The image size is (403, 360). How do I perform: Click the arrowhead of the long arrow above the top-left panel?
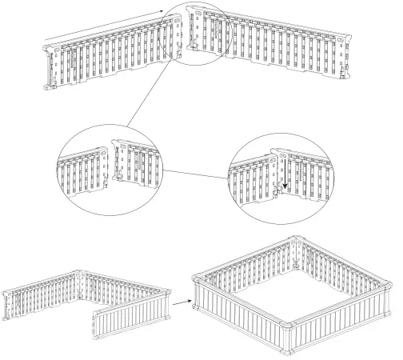pyautogui.click(x=166, y=10)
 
